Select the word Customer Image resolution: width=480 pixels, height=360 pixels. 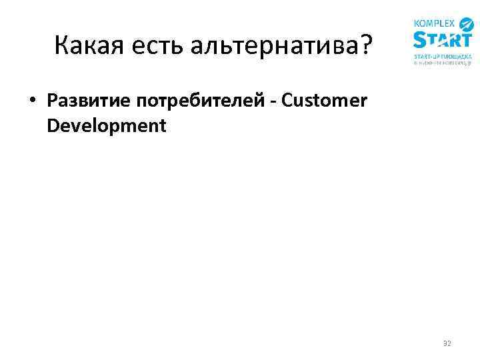(x=324, y=101)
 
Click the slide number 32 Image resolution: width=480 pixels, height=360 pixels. (x=447, y=344)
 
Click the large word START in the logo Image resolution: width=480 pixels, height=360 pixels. (x=442, y=41)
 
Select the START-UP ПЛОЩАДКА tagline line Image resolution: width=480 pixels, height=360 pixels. (x=442, y=57)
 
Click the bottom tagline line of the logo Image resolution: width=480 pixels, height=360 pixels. (x=442, y=64)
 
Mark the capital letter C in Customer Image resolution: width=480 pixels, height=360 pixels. (x=287, y=101)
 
